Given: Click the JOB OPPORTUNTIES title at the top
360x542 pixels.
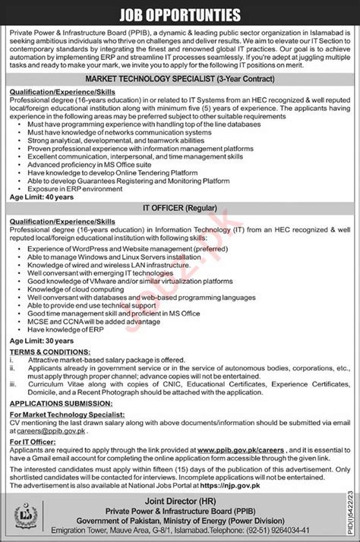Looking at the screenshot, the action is click(180, 14).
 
